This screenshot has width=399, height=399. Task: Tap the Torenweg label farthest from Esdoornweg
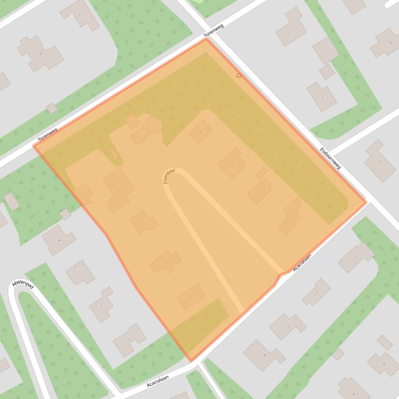[x=47, y=135]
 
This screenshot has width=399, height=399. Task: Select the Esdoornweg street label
[x=331, y=159]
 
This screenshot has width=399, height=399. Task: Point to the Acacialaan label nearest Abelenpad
[x=158, y=381]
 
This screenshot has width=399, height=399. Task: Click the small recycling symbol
[x=238, y=76]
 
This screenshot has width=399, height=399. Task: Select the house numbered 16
[x=386, y=42]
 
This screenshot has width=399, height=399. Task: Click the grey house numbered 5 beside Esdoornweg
[x=379, y=161]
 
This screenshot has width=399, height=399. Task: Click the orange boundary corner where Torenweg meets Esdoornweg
[x=206, y=39]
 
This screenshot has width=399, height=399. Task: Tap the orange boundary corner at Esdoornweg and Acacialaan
[x=365, y=202]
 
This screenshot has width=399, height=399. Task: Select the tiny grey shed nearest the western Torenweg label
[x=51, y=108]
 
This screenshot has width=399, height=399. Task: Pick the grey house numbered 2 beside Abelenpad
[x=102, y=304]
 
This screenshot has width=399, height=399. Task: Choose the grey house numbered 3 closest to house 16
[x=322, y=96]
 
